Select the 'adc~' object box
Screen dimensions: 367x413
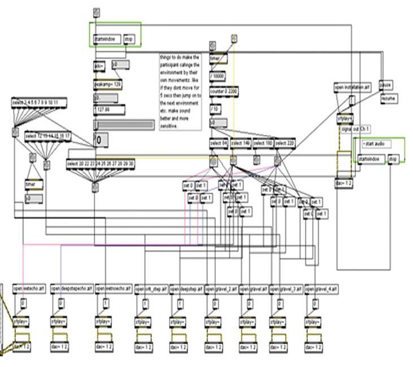(x=99, y=65)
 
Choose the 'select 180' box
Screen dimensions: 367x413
(x=263, y=143)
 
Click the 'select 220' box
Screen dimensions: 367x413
(x=285, y=143)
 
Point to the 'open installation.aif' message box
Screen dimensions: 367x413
(x=353, y=88)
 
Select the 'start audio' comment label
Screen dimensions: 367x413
(x=373, y=144)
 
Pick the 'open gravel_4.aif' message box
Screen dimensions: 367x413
(x=321, y=289)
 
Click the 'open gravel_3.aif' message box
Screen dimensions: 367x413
(x=286, y=289)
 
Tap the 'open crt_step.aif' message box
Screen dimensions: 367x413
(x=152, y=289)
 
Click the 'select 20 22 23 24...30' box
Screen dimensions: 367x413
(x=101, y=164)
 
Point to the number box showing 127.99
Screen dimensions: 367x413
(x=109, y=110)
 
